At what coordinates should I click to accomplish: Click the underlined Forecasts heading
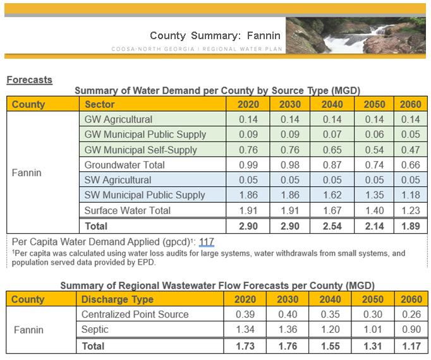pyautogui.click(x=29, y=80)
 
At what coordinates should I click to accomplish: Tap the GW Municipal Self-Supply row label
pyautogui.click(x=140, y=150)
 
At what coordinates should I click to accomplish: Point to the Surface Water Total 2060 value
pyautogui.click(x=410, y=210)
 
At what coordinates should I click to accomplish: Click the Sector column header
pyautogui.click(x=99, y=104)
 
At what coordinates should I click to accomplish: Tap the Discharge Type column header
pyautogui.click(x=114, y=299)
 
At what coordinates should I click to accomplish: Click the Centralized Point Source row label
pyautogui.click(x=135, y=315)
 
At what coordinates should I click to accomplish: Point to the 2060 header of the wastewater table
pyautogui.click(x=410, y=299)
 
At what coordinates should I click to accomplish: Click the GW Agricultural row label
pyautogui.click(x=118, y=119)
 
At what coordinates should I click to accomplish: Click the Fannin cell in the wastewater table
pyautogui.click(x=28, y=330)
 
